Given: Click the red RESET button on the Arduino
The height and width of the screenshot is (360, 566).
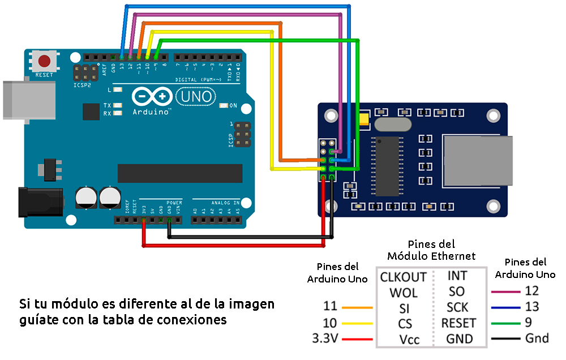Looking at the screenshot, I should click(44, 61).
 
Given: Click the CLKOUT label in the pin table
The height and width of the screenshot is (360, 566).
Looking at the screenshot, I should click(403, 277).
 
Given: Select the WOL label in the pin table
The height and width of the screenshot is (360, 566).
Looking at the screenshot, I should click(403, 293).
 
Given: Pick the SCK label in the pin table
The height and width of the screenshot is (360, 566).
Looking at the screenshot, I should click(457, 307).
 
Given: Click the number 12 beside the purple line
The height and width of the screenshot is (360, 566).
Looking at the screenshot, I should click(531, 291).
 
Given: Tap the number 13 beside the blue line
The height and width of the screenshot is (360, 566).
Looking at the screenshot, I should click(531, 307).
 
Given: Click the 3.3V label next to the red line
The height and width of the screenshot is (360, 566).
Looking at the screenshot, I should click(325, 339).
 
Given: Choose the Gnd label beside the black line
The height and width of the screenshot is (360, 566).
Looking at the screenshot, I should click(537, 338).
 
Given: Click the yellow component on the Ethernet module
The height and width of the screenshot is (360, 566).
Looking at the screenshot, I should click(363, 119).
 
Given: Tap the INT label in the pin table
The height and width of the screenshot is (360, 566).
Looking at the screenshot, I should click(457, 276).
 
